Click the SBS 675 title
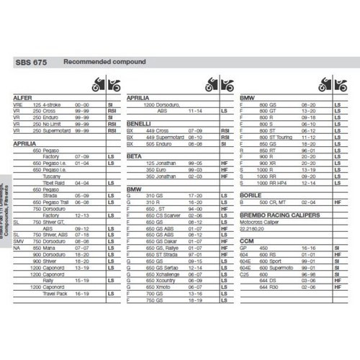point(31,63)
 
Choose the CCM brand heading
point(246,239)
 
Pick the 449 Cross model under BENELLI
point(160,130)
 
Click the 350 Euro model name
point(161,169)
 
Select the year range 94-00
point(196,208)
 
